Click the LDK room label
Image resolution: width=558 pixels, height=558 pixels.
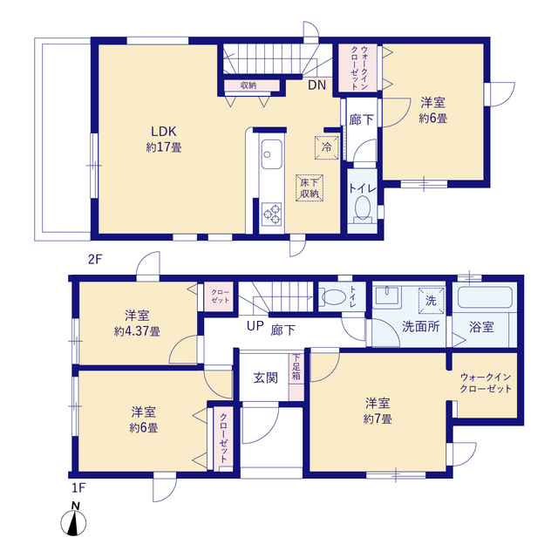pos(164,132)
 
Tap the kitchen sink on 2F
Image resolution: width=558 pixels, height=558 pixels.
pos(271,154)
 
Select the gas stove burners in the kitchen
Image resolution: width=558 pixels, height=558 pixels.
pos(272,214)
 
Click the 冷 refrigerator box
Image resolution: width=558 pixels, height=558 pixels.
pos(326,147)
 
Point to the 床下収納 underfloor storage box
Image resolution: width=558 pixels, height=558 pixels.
pos(310,188)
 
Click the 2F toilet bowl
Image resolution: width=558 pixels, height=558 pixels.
pos(363,208)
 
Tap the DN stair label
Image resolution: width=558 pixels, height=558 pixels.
pos(316,85)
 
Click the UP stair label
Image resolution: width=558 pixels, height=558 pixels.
pos(255,325)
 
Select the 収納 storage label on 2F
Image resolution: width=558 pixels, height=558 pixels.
pos(248,85)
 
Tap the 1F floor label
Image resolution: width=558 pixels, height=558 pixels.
pos(78,487)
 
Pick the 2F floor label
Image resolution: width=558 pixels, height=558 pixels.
pos(95,260)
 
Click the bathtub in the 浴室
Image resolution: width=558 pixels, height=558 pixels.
pos(485,297)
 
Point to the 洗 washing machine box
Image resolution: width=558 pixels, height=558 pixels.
pos(431,301)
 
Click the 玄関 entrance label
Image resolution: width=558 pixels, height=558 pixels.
pos(265,378)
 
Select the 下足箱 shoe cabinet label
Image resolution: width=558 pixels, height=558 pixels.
pos(296,367)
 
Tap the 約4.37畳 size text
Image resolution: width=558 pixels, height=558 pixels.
pos(137,331)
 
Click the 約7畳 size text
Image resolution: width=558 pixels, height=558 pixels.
pos(378,419)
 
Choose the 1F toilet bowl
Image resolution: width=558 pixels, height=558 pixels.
pos(333,297)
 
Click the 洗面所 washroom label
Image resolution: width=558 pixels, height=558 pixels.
pos(421,327)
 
